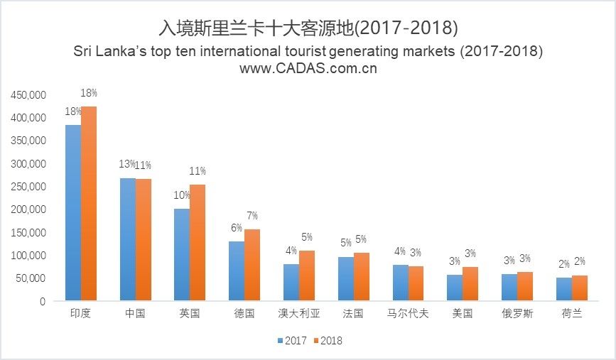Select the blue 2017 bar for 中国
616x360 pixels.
tap(128, 239)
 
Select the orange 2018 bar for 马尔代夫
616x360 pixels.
tap(416, 283)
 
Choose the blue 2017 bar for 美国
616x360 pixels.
tap(455, 288)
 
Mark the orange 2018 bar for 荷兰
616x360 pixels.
tap(580, 288)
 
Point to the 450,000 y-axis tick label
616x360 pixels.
tap(29, 94)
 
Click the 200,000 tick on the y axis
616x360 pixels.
tap(29, 209)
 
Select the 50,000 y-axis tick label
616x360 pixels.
tap(32, 278)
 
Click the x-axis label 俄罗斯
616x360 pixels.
tap(517, 313)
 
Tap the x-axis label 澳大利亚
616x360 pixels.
tap(298, 313)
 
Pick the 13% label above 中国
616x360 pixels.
tap(126, 165)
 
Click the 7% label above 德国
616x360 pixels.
tap(252, 216)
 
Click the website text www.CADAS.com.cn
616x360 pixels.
tap(308, 69)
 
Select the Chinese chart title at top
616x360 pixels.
tap(308, 28)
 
